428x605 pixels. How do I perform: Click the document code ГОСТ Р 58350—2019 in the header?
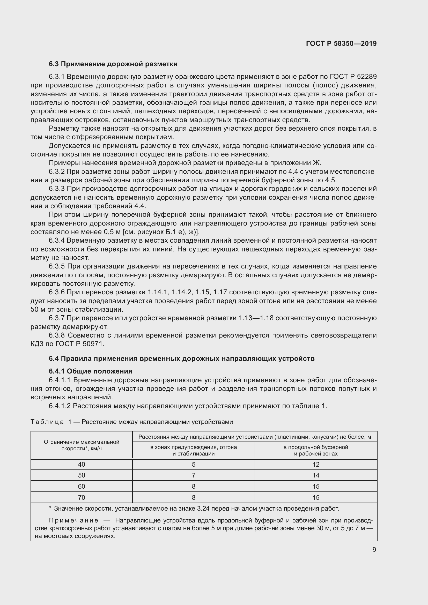pyautogui.click(x=341, y=43)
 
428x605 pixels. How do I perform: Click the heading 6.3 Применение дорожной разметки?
pyautogui.click(x=113, y=64)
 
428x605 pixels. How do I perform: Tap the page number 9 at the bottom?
pyautogui.click(x=374, y=549)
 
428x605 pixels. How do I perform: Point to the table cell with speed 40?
pyautogui.click(x=82, y=464)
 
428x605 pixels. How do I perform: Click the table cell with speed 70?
pyautogui.click(x=82, y=497)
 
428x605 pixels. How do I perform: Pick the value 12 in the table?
pyautogui.click(x=316, y=464)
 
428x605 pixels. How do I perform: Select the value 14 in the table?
pyautogui.click(x=316, y=475)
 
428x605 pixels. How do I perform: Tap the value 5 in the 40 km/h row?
pyautogui.click(x=194, y=464)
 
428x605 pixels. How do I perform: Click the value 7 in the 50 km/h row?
pyautogui.click(x=194, y=475)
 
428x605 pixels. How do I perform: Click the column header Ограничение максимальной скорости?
pyautogui.click(x=82, y=445)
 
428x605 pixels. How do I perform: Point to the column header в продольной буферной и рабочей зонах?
pyautogui.click(x=316, y=450)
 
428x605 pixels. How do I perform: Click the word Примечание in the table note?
pyautogui.click(x=74, y=520)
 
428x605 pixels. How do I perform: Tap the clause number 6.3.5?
pyautogui.click(x=57, y=266)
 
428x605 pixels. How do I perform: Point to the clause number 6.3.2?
pyautogui.click(x=57, y=172)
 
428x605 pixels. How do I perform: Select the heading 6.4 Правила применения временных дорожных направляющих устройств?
pyautogui.click(x=182, y=358)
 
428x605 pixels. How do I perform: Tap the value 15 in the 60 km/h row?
pyautogui.click(x=316, y=487)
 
